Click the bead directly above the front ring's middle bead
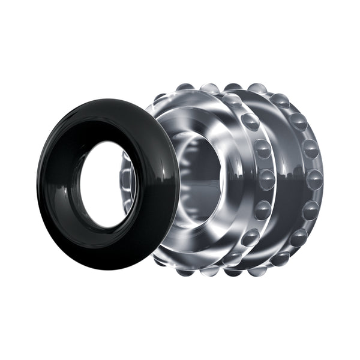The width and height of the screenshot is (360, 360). pyautogui.click(x=262, y=148)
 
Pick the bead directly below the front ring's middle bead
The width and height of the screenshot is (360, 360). pyautogui.click(x=262, y=210)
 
